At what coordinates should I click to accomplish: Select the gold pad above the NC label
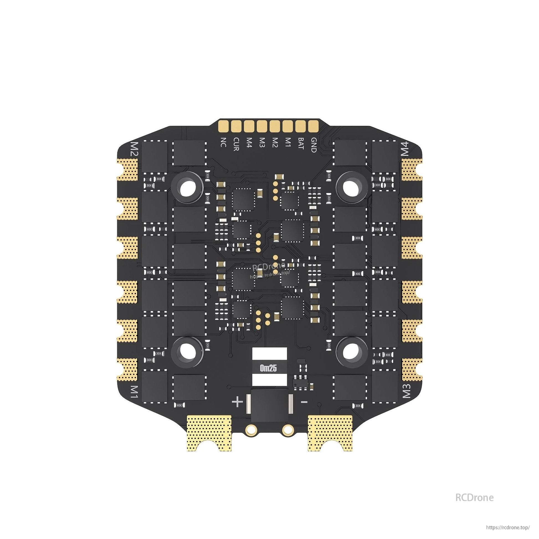[x=223, y=126]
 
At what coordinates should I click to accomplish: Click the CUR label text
[x=236, y=144]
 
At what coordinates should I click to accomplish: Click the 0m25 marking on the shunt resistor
[x=268, y=369]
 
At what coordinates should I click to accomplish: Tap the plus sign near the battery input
[x=237, y=402]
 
